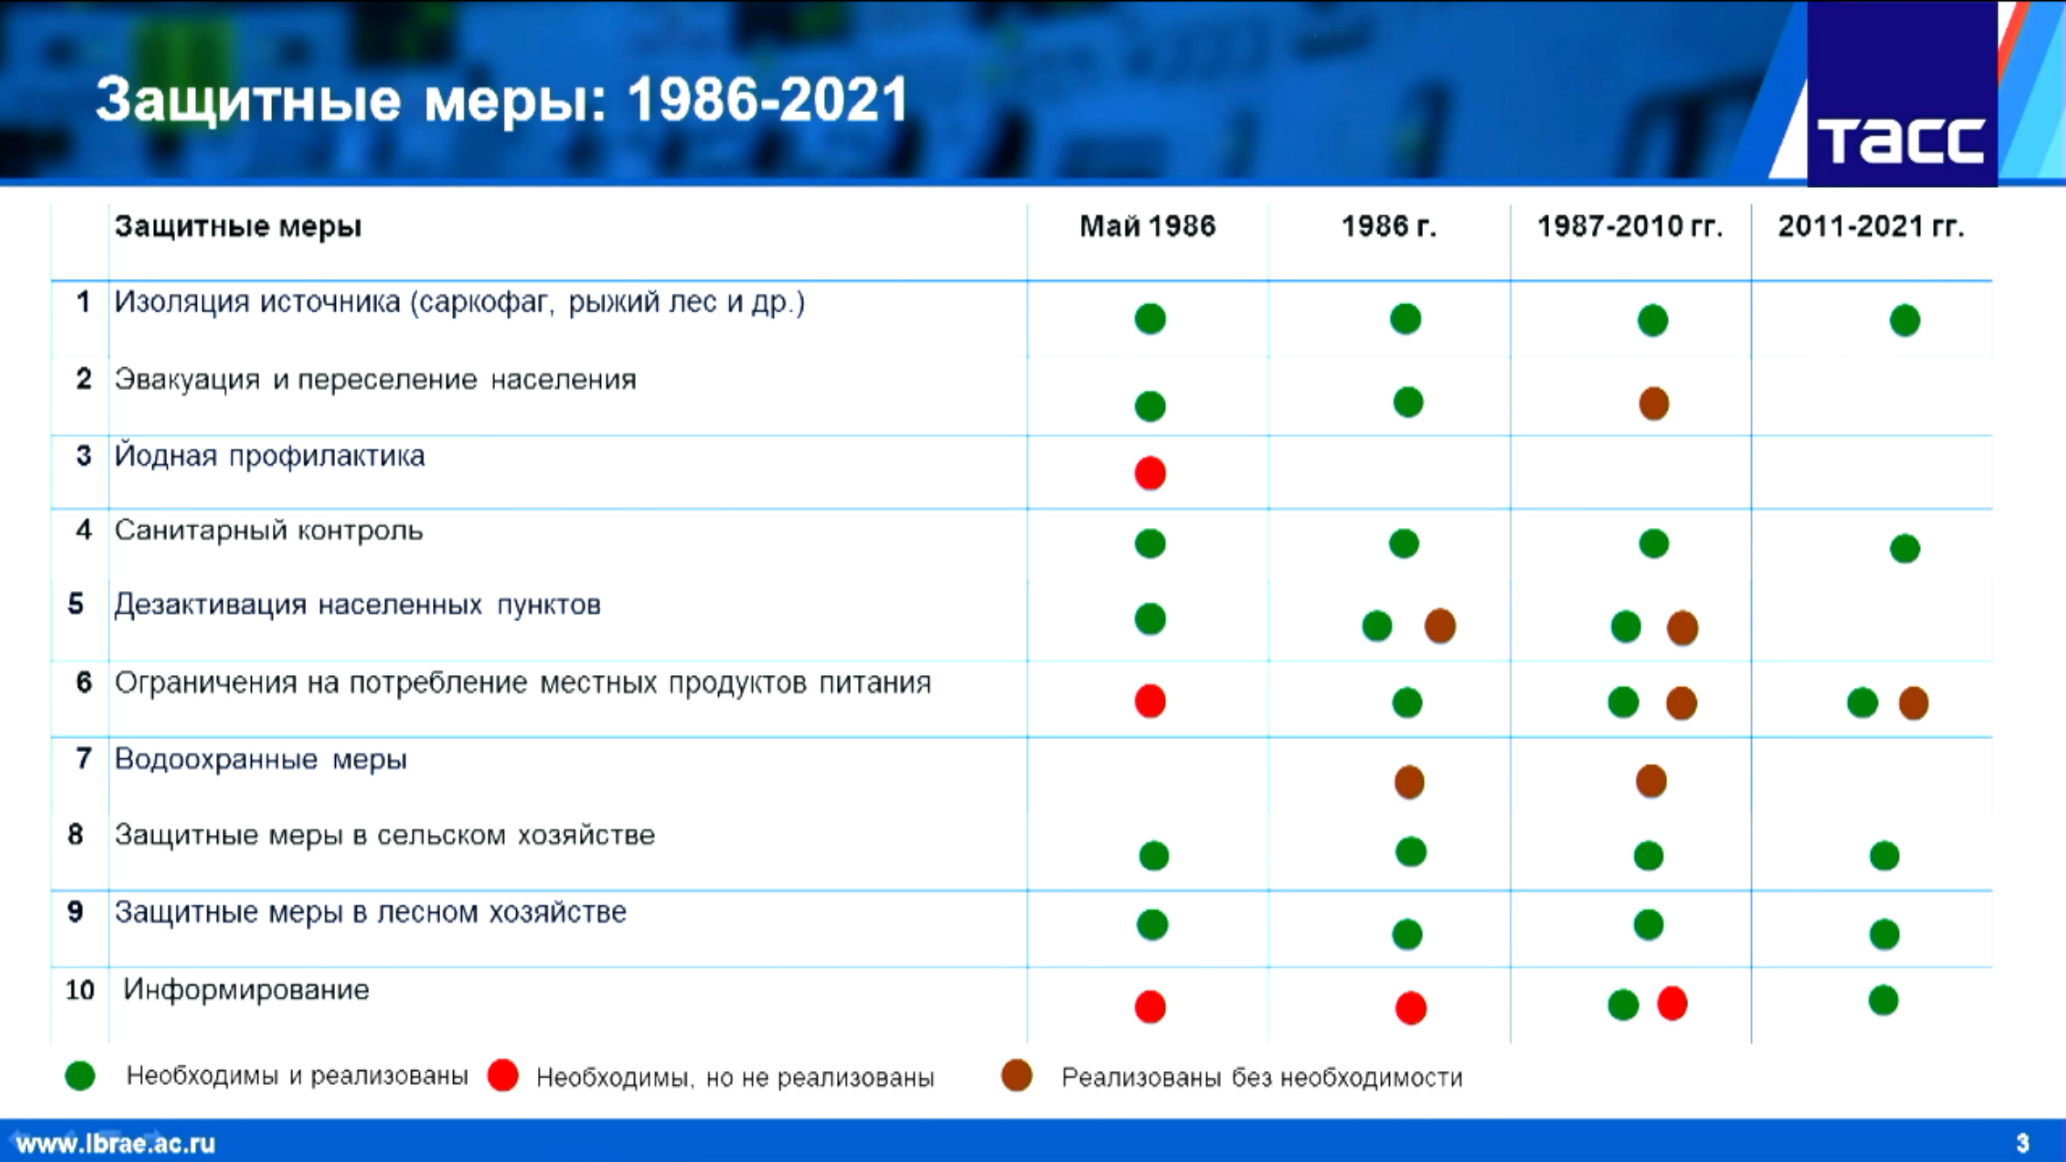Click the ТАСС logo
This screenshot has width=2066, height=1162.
[x=1902, y=94]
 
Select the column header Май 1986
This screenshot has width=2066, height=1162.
[x=1148, y=226]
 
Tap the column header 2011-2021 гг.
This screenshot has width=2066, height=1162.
[x=1871, y=226]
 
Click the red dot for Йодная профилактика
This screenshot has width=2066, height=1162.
[x=1150, y=473]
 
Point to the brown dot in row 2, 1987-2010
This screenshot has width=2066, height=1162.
[x=1653, y=403]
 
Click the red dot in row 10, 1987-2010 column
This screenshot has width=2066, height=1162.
[x=1672, y=1003]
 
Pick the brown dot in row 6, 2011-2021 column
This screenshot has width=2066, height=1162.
[x=1913, y=703]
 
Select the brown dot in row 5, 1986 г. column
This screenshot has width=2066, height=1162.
[x=1440, y=626]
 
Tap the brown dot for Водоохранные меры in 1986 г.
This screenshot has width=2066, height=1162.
[x=1409, y=782]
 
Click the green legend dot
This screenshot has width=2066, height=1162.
[x=80, y=1075]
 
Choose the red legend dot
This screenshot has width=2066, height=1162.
[x=503, y=1075]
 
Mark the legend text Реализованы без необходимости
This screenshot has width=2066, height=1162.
[x=1261, y=1077]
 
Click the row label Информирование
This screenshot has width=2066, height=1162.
[x=246, y=990]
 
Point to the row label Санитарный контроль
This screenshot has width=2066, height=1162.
[x=269, y=531]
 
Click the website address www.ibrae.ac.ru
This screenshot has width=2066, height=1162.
[x=115, y=1144]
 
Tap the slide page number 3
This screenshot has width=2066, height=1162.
[x=2022, y=1143]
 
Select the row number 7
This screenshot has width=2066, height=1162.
[x=83, y=758]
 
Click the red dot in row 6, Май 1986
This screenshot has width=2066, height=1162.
[x=1150, y=701]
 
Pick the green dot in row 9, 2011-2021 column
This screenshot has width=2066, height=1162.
[x=1884, y=935]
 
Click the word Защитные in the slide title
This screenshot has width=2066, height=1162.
[x=248, y=100]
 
